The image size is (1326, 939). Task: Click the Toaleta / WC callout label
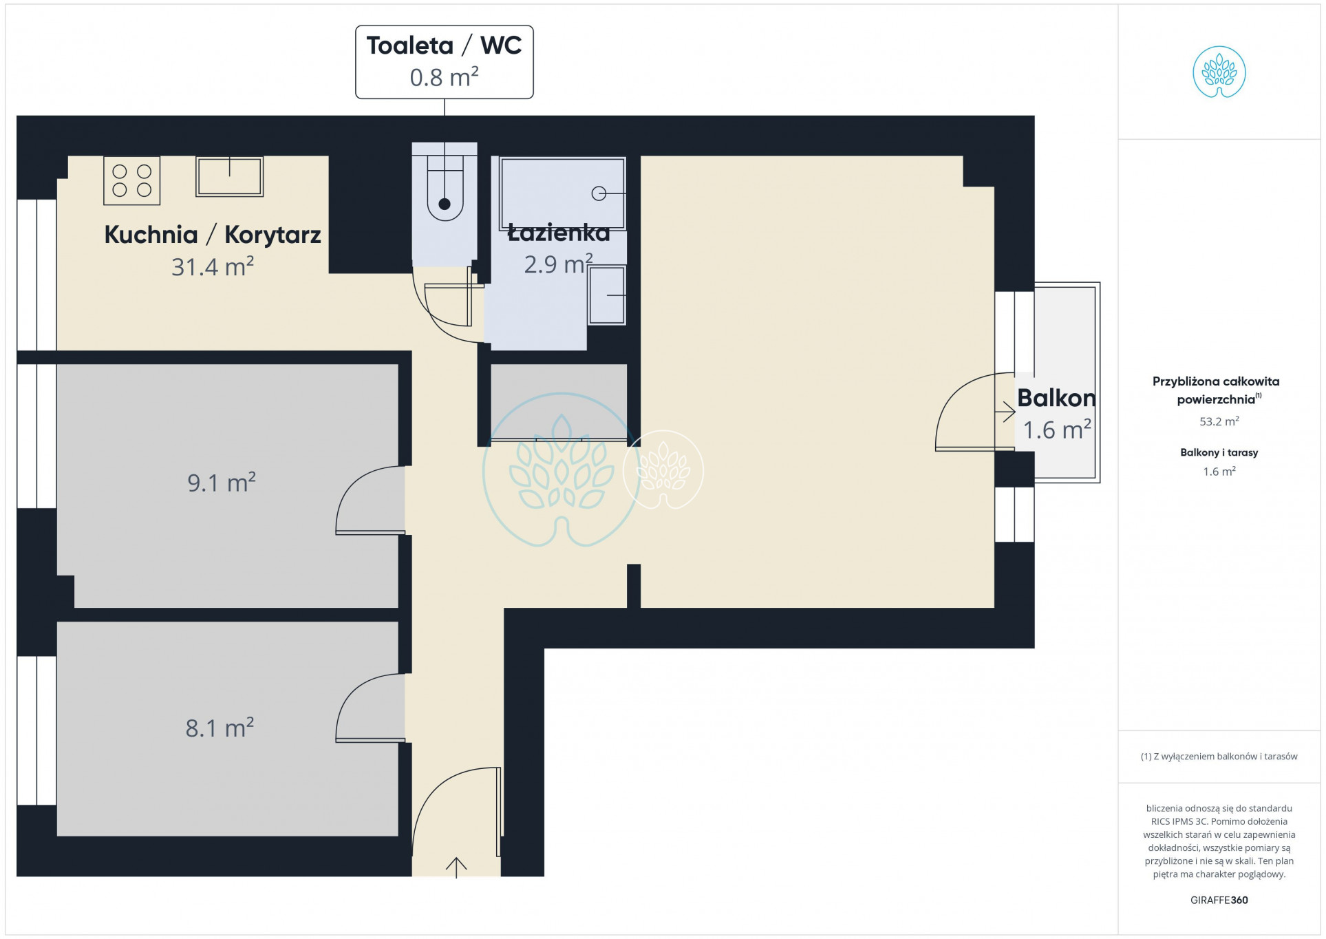point(444,62)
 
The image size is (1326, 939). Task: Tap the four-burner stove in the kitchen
point(131,180)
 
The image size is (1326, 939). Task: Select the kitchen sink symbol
point(229,176)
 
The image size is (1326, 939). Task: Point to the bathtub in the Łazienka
point(563,193)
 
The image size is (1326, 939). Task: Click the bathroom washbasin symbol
point(606,295)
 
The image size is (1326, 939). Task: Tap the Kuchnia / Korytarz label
point(213,235)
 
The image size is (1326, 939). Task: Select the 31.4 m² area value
point(213,266)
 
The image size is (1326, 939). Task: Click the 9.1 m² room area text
point(222,482)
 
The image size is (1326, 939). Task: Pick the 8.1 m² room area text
point(220,727)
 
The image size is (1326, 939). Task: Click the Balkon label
point(1056,398)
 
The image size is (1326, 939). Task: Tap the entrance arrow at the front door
point(456,867)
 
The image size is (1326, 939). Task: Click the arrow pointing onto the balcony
point(1005,412)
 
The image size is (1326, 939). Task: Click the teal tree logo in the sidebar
point(1219,72)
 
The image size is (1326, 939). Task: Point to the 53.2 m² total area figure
point(1219,421)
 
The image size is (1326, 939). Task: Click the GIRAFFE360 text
point(1219,900)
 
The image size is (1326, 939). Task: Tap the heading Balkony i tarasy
point(1219,452)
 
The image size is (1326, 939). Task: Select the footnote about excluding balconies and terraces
point(1219,756)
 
